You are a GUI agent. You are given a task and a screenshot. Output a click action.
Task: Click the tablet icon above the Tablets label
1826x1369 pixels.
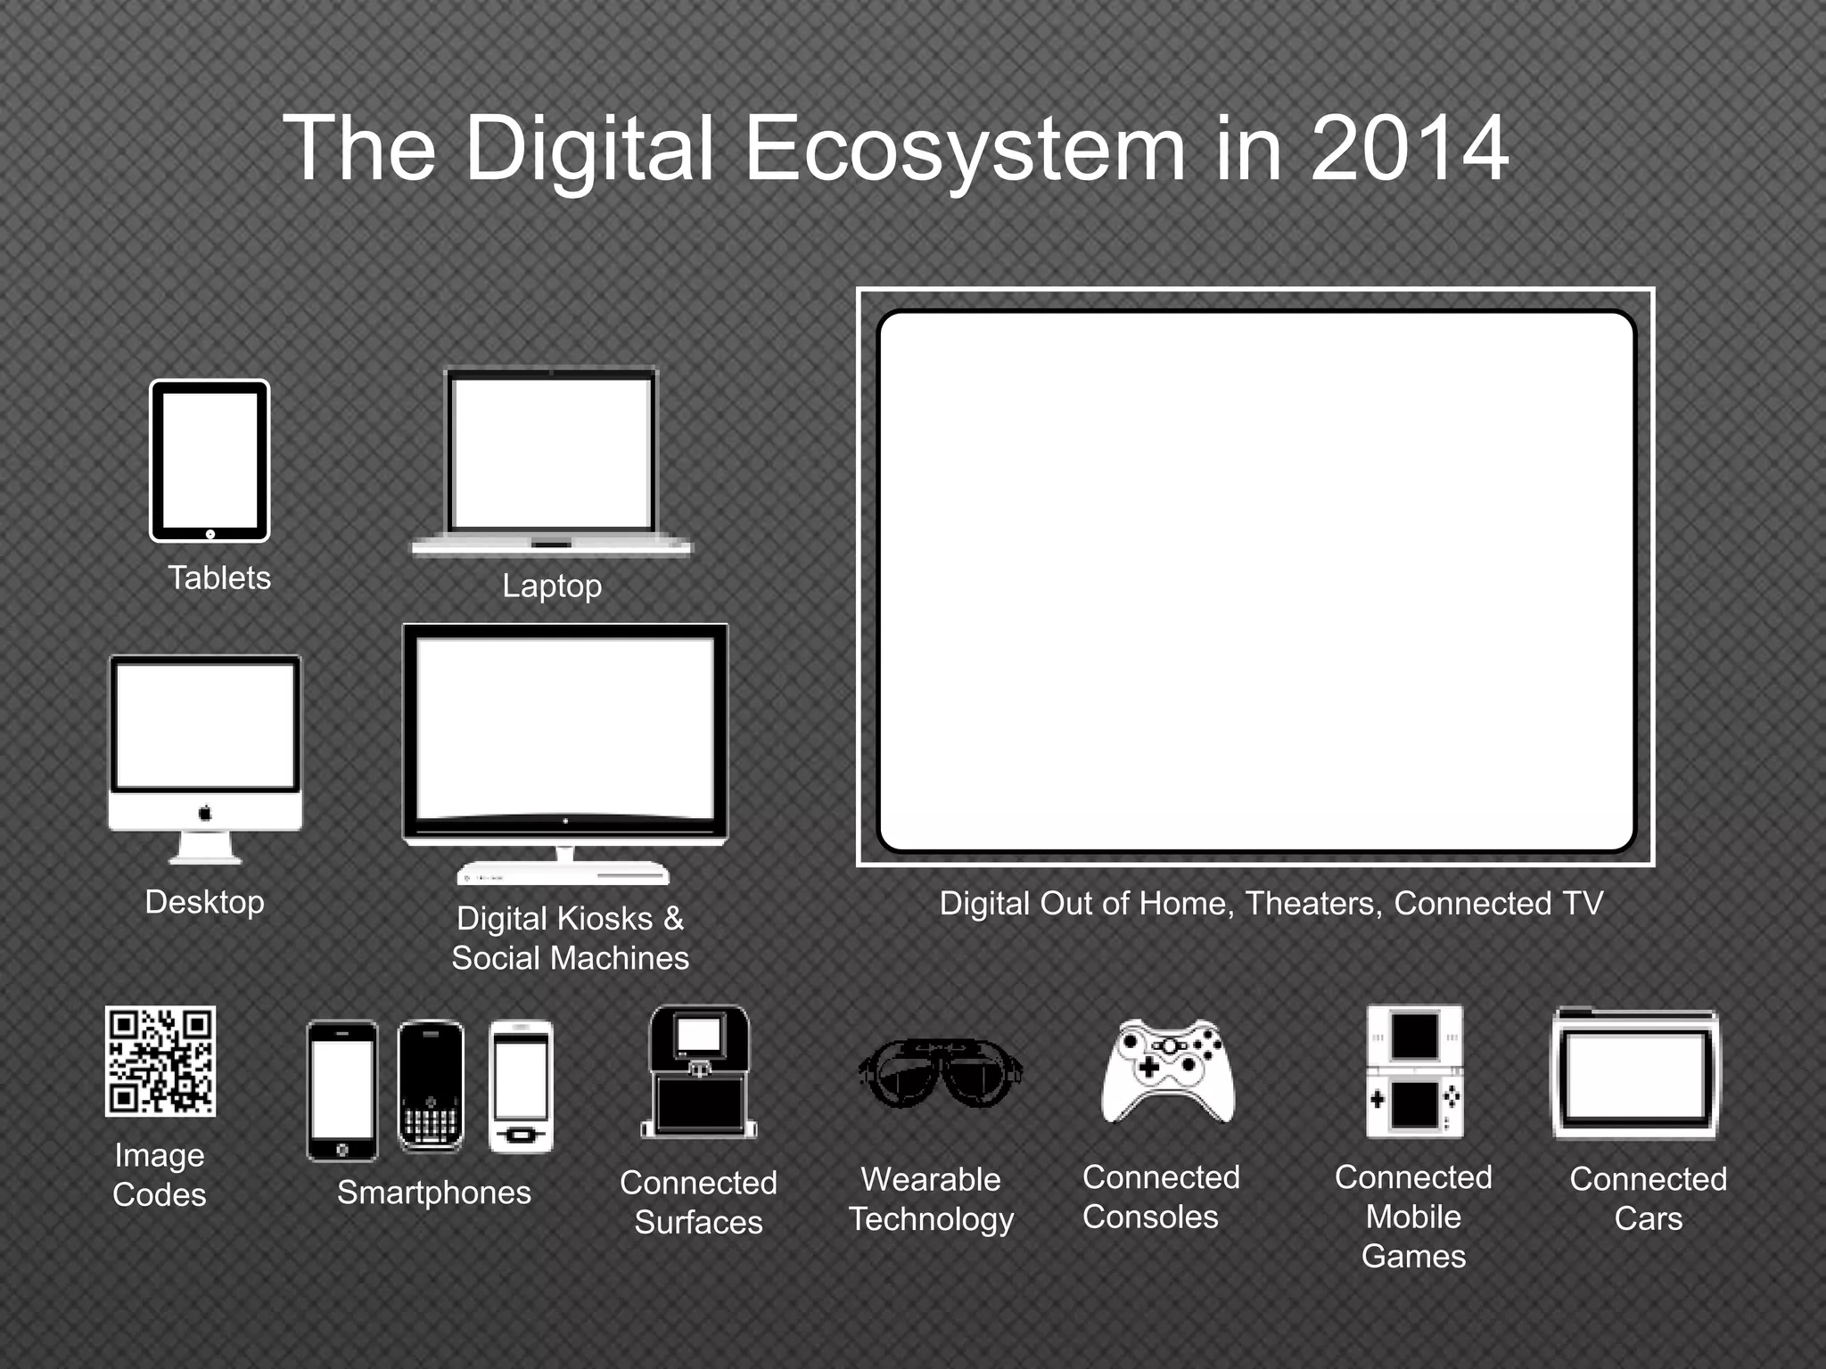tap(210, 461)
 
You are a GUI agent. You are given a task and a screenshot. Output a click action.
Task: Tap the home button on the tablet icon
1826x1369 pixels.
tap(210, 534)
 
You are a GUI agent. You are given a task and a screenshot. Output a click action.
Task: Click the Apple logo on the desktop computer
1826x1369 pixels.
tap(205, 813)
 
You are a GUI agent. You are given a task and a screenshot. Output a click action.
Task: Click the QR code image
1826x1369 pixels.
tap(160, 1061)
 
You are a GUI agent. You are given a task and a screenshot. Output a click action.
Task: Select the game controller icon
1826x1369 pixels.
tap(1168, 1070)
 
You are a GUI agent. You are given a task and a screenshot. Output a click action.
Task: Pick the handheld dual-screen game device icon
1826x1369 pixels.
tap(1415, 1071)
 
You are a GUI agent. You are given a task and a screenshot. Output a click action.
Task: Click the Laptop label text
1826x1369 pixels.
tap(552, 586)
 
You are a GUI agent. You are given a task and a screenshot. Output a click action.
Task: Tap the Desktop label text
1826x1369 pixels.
tap(204, 902)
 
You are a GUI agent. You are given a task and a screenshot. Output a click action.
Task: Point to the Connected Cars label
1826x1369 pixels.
tap(1648, 1198)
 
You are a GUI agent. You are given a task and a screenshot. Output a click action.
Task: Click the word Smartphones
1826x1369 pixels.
tap(433, 1193)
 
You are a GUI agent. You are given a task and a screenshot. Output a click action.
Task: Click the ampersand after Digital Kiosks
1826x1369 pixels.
tap(673, 918)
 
